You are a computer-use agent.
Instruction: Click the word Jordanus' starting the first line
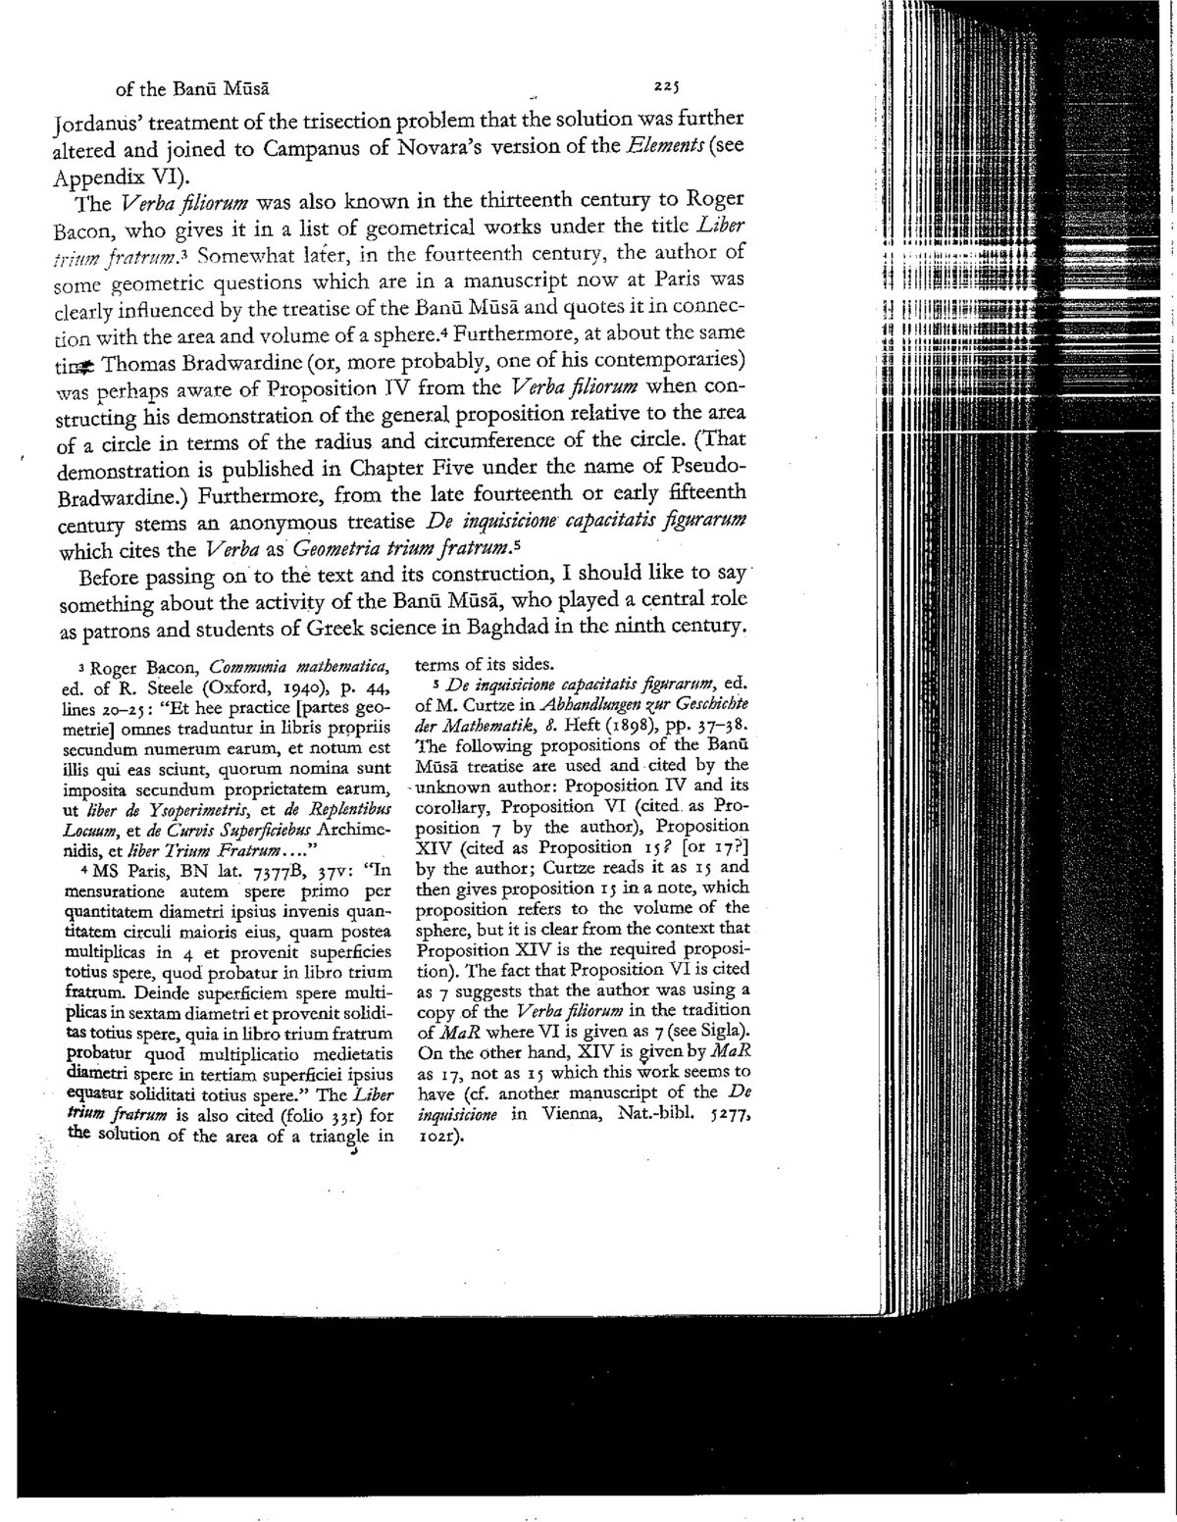[x=101, y=125]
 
